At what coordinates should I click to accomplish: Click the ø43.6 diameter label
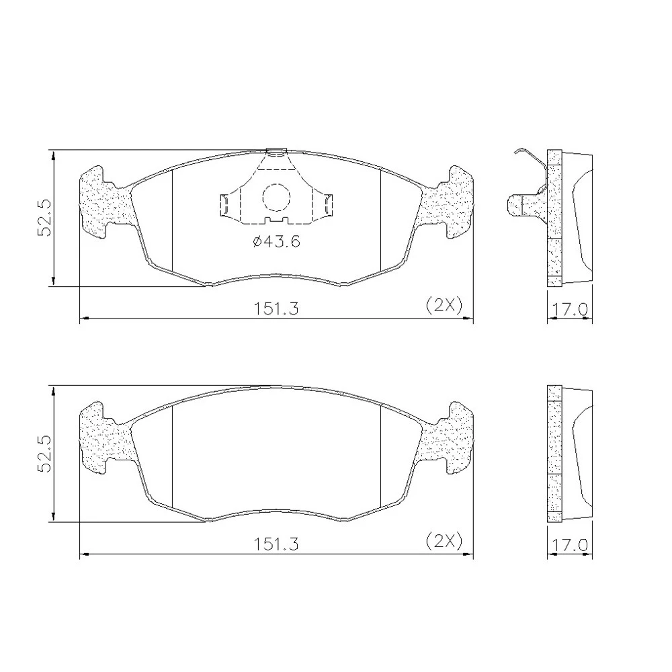click(276, 242)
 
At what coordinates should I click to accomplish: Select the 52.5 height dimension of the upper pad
click(44, 218)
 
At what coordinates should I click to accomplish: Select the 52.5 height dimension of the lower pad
click(44, 454)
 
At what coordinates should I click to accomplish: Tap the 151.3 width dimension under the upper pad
click(276, 308)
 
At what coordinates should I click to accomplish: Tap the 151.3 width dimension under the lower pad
click(276, 544)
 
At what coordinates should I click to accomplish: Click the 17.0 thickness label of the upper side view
click(569, 309)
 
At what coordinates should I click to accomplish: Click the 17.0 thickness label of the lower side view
click(569, 545)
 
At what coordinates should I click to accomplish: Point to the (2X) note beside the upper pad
click(444, 306)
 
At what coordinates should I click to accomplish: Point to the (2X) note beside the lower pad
click(444, 541)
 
